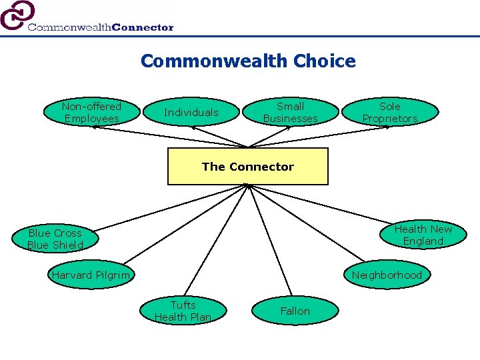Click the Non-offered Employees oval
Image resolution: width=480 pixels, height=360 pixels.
point(91,112)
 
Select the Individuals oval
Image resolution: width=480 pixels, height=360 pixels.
point(191,112)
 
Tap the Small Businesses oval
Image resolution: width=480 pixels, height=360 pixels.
point(290,112)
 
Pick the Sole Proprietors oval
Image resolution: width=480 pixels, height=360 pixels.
point(390,112)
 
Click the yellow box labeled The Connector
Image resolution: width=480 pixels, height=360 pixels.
point(247,167)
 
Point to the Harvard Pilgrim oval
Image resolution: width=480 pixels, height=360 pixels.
point(91,275)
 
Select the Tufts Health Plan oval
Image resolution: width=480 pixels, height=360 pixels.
point(183,311)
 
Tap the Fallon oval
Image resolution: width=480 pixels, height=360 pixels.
point(295,311)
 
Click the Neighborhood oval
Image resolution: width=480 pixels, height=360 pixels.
point(387,275)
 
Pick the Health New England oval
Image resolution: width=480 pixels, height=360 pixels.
point(423,235)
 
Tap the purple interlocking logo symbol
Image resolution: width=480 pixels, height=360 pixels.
point(17,15)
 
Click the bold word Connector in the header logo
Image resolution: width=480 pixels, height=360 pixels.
point(143,27)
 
